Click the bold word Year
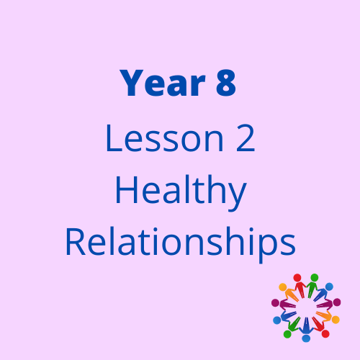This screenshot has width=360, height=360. point(163,83)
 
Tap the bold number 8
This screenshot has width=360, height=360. point(226,83)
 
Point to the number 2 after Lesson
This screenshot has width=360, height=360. point(246,138)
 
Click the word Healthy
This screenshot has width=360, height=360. point(181,192)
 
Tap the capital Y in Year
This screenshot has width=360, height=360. point(132,83)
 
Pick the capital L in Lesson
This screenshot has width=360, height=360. point(114,138)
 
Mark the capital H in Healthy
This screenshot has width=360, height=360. point(127,190)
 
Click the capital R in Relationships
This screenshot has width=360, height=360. point(76,242)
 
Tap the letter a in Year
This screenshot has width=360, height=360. point(178,86)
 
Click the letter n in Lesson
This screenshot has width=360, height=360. point(214,142)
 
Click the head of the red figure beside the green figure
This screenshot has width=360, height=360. point(297,278)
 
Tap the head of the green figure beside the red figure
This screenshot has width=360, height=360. point(315,278)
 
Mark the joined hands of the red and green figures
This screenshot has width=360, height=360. point(306,287)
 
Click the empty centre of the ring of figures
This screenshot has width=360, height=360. point(306,308)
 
